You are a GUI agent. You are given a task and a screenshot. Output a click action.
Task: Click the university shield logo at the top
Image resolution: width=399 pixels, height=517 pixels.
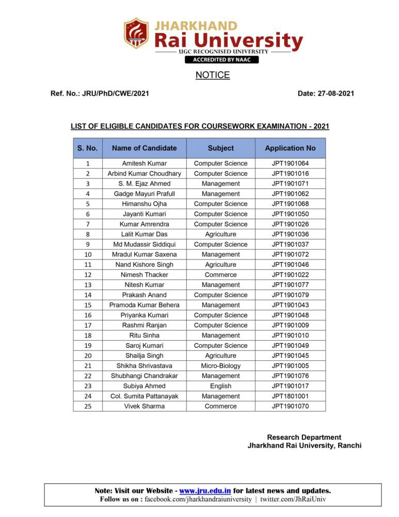pos(136,33)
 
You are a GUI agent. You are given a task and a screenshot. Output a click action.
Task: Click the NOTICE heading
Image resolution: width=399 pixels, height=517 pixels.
pos(213,75)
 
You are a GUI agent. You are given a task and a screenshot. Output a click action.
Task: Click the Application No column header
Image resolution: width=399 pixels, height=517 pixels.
pos(290,148)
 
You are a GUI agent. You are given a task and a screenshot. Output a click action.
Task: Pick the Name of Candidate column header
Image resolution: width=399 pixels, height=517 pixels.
pos(144,148)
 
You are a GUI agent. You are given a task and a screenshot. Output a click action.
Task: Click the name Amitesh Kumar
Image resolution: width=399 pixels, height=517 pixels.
pos(144,163)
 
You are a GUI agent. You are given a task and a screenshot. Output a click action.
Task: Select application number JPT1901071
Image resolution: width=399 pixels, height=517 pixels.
pos(290,184)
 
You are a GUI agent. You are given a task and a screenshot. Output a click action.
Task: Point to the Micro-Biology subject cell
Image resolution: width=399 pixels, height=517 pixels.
pos(220,366)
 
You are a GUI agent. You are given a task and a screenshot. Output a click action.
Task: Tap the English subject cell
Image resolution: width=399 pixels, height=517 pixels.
pos(220,386)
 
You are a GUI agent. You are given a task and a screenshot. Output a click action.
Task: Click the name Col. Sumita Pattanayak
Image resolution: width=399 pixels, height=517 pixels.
pos(144,396)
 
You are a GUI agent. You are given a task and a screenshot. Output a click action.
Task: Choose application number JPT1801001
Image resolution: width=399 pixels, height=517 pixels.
pos(290,396)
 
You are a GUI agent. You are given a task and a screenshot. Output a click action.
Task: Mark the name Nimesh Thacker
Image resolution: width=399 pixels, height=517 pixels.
pos(144,275)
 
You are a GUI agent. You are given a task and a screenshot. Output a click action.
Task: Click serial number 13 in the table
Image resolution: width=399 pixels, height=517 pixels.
pos(88,285)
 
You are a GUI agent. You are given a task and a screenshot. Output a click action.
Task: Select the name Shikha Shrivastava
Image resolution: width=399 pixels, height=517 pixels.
pos(144,366)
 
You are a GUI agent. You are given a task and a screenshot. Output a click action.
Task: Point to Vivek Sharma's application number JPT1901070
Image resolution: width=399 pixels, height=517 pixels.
pos(290,406)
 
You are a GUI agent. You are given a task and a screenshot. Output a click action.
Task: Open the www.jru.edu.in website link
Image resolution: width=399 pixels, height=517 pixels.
pos(205,491)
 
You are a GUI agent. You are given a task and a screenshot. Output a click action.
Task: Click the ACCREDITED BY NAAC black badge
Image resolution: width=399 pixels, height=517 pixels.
pos(221,59)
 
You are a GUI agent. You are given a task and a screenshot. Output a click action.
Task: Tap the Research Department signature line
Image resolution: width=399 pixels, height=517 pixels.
pos(304,437)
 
